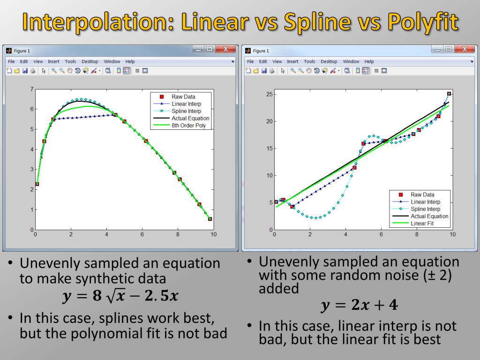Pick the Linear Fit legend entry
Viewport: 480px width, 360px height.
pyautogui.click(x=422, y=224)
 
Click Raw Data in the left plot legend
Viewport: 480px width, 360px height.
pyautogui.click(x=183, y=97)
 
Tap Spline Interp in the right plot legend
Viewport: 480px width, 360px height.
pyautogui.click(x=425, y=209)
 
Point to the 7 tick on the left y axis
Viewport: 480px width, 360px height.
pyautogui.click(x=31, y=89)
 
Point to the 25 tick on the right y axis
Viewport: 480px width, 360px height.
pyautogui.click(x=270, y=94)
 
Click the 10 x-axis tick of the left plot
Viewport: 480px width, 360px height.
pyautogui.click(x=213, y=234)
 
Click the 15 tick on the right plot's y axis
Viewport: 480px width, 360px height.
pyautogui.click(x=270, y=149)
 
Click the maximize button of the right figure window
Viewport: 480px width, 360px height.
pyautogui.click(x=449, y=49)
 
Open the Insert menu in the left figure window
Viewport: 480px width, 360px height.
pyautogui.click(x=53, y=61)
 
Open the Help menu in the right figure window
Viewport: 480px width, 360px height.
pyautogui.click(x=369, y=61)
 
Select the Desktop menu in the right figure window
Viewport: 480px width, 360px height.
pyautogui.click(x=329, y=61)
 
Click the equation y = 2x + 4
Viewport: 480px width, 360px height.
pyautogui.click(x=360, y=306)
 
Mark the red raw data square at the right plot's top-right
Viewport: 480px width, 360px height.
pyautogui.click(x=449, y=94)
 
